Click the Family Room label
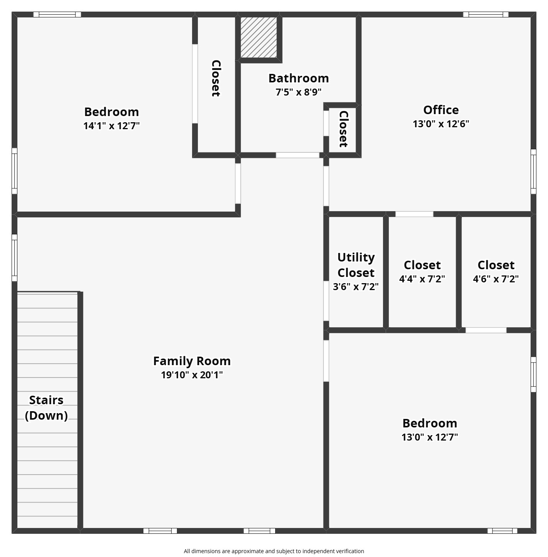[192, 361]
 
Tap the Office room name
[441, 110]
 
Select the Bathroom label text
[298, 79]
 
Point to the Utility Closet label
[356, 265]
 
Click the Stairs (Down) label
[46, 408]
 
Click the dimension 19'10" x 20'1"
[192, 375]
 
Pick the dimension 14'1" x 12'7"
[112, 126]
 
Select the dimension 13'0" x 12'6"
[441, 124]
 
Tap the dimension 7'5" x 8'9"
[298, 92]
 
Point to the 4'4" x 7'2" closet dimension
[422, 279]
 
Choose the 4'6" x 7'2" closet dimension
[496, 279]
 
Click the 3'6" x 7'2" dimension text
[356, 287]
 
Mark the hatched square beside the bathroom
[259, 37]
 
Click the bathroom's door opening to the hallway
[298, 155]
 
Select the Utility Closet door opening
[326, 301]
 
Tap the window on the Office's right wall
[533, 172]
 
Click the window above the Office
[486, 14]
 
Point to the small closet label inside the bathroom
[343, 129]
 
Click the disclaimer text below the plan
[274, 551]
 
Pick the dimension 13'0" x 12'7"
[430, 437]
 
